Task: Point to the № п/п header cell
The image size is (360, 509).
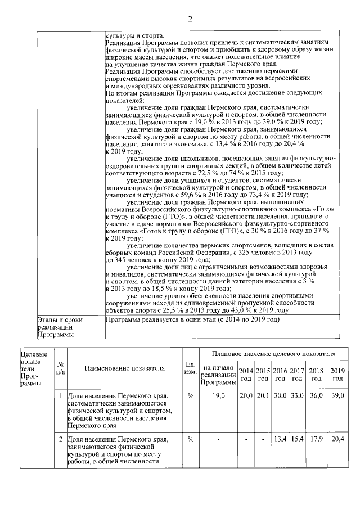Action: tap(61, 368)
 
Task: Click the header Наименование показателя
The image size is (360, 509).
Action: tap(125, 368)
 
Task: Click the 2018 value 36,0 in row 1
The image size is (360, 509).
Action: tap(317, 396)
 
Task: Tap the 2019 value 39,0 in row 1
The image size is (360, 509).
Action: tap(337, 396)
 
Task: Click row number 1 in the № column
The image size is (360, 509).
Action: tap(61, 396)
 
